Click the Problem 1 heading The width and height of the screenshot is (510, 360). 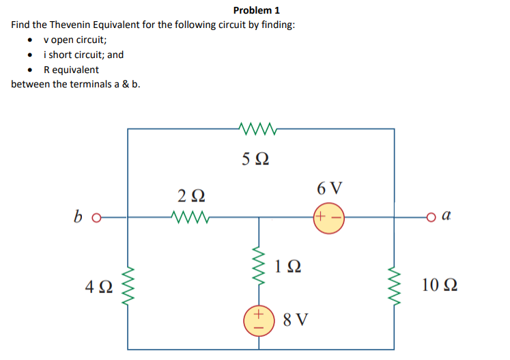pyautogui.click(x=256, y=10)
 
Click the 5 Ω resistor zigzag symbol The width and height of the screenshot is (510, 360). pyautogui.click(x=257, y=128)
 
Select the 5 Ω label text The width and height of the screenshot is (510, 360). pyautogui.click(x=255, y=159)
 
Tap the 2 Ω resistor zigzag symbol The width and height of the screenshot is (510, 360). pyautogui.click(x=188, y=218)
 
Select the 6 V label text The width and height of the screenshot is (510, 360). pyautogui.click(x=330, y=188)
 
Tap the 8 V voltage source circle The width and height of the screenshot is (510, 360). pyautogui.click(x=259, y=320)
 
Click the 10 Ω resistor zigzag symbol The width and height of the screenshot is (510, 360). pyautogui.click(x=393, y=286)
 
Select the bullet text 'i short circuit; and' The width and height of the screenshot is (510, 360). pyautogui.click(x=83, y=55)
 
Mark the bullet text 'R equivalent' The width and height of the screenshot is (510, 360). pyautogui.click(x=71, y=70)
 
